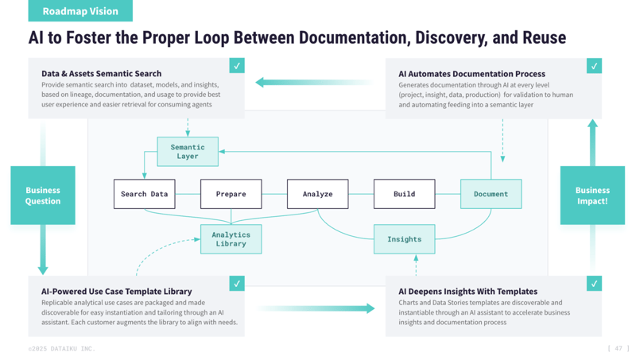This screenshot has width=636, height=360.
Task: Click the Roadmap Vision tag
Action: [80, 11]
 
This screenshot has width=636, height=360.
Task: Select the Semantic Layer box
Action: [188, 152]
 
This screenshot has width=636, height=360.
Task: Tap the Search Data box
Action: [144, 194]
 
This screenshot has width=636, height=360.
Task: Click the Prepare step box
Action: [231, 194]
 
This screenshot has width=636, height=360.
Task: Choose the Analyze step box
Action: [317, 194]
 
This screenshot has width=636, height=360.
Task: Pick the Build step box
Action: [404, 194]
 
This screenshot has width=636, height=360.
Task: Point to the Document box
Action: [491, 194]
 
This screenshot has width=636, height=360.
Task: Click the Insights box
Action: [404, 239]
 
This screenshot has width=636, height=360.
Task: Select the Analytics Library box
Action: [231, 239]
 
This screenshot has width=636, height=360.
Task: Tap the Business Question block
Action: [43, 195]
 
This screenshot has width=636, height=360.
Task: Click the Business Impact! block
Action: [592, 195]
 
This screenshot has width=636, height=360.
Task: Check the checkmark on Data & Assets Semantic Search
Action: [236, 66]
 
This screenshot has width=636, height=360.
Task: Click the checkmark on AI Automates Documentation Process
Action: [594, 66]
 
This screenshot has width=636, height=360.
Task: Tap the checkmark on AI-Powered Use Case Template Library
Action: [236, 284]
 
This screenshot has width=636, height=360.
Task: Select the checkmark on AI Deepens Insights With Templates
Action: [594, 284]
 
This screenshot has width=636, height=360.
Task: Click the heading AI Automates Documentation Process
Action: [471, 74]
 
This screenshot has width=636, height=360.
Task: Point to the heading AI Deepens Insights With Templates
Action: [467, 292]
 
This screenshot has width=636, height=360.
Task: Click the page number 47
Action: [618, 348]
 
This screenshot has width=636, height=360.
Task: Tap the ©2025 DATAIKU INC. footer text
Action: [61, 349]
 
